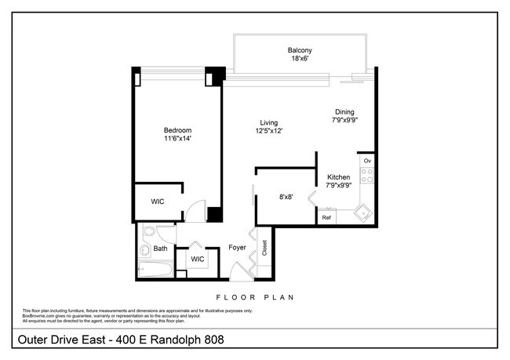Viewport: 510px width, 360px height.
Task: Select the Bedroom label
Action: pyautogui.click(x=177, y=130)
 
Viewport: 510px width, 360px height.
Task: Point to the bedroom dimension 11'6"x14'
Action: pyautogui.click(x=177, y=139)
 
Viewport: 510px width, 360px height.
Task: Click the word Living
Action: pyautogui.click(x=269, y=122)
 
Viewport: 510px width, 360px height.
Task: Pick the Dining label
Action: pyautogui.click(x=345, y=112)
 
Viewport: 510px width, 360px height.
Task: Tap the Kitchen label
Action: pyautogui.click(x=338, y=177)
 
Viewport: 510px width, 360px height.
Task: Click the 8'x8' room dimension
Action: pyautogui.click(x=286, y=198)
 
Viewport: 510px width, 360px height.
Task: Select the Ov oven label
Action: pyautogui.click(x=366, y=161)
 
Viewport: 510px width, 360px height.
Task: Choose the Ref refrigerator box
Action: pyautogui.click(x=326, y=217)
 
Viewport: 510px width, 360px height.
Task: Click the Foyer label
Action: pyautogui.click(x=237, y=248)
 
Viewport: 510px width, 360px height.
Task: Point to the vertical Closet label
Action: pyautogui.click(x=264, y=249)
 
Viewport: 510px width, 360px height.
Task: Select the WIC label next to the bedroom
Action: pyautogui.click(x=158, y=202)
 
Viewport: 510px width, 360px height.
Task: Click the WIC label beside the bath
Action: pyautogui.click(x=197, y=258)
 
